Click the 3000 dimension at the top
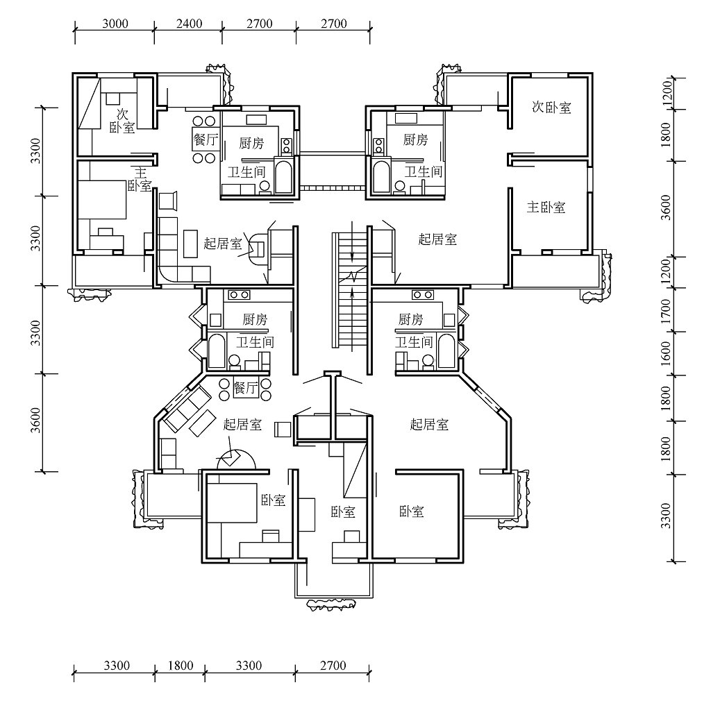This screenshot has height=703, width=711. [115, 24]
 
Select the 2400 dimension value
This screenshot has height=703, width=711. [189, 24]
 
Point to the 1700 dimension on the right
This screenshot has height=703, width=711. [666, 311]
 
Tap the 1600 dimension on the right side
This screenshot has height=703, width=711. [666, 354]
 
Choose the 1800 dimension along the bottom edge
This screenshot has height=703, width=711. [181, 666]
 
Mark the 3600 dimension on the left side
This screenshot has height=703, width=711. [35, 421]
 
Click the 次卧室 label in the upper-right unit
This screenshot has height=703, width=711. [551, 108]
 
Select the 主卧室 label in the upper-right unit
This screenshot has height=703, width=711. [546, 207]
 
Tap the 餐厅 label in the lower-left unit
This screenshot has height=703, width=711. [246, 388]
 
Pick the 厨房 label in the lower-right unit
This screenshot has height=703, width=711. [411, 319]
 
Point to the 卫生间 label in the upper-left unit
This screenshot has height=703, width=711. [246, 172]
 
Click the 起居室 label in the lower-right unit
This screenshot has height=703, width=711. [429, 424]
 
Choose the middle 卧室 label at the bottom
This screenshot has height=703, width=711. [343, 512]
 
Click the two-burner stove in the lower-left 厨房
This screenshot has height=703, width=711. [239, 295]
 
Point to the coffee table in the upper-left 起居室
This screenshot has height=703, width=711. [191, 244]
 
